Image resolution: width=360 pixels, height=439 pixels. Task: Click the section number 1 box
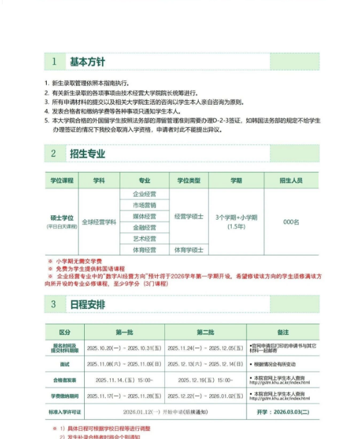tap(54, 61)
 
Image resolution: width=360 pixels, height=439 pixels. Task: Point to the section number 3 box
tap(54, 304)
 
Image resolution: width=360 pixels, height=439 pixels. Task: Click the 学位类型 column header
tap(189, 181)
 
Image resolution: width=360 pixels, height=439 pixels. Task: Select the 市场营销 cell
tap(144, 205)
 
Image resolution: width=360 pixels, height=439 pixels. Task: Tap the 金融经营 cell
tap(144, 227)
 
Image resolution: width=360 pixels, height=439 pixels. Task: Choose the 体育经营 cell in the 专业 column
tap(144, 250)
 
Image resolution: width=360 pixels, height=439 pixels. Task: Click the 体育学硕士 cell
tap(189, 250)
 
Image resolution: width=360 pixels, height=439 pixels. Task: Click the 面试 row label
tap(65, 364)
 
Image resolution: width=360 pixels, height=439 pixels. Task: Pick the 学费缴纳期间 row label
tap(65, 395)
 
